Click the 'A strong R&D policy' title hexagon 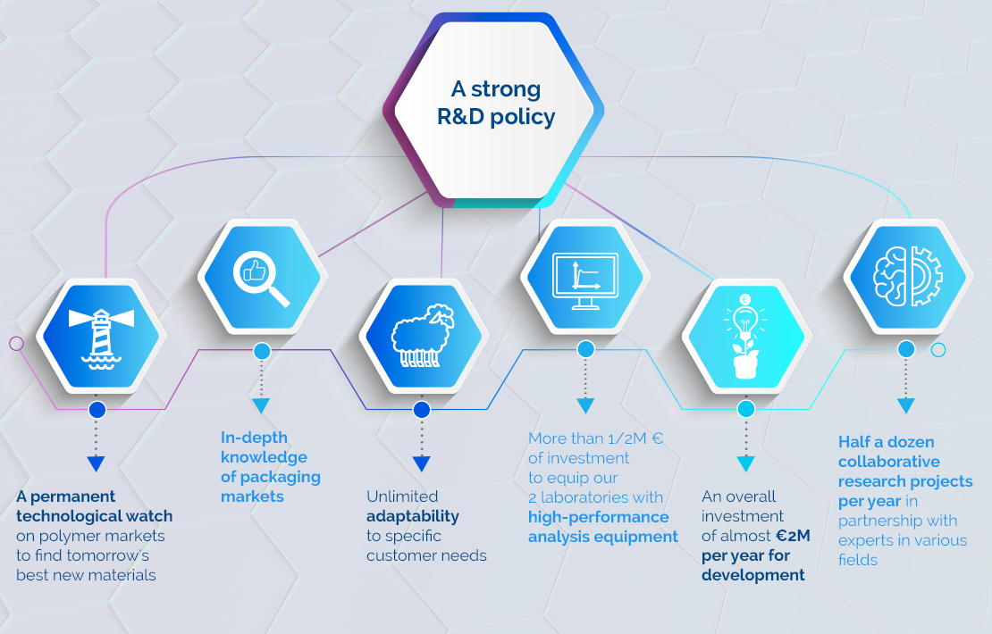[x=493, y=111]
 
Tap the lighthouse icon [x=101, y=338]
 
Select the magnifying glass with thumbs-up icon [x=261, y=278]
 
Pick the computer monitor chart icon [x=585, y=280]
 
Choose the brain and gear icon [x=908, y=277]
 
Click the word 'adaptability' [x=413, y=516]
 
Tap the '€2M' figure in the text [x=793, y=536]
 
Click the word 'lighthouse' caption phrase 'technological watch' [x=94, y=516]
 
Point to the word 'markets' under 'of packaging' [x=252, y=496]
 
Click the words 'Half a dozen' [x=887, y=442]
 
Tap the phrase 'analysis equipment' [x=603, y=537]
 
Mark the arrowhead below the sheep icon [x=422, y=464]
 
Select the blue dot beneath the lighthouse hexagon [x=97, y=410]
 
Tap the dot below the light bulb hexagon [x=746, y=409]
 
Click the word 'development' [x=752, y=576]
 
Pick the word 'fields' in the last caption [x=858, y=560]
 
